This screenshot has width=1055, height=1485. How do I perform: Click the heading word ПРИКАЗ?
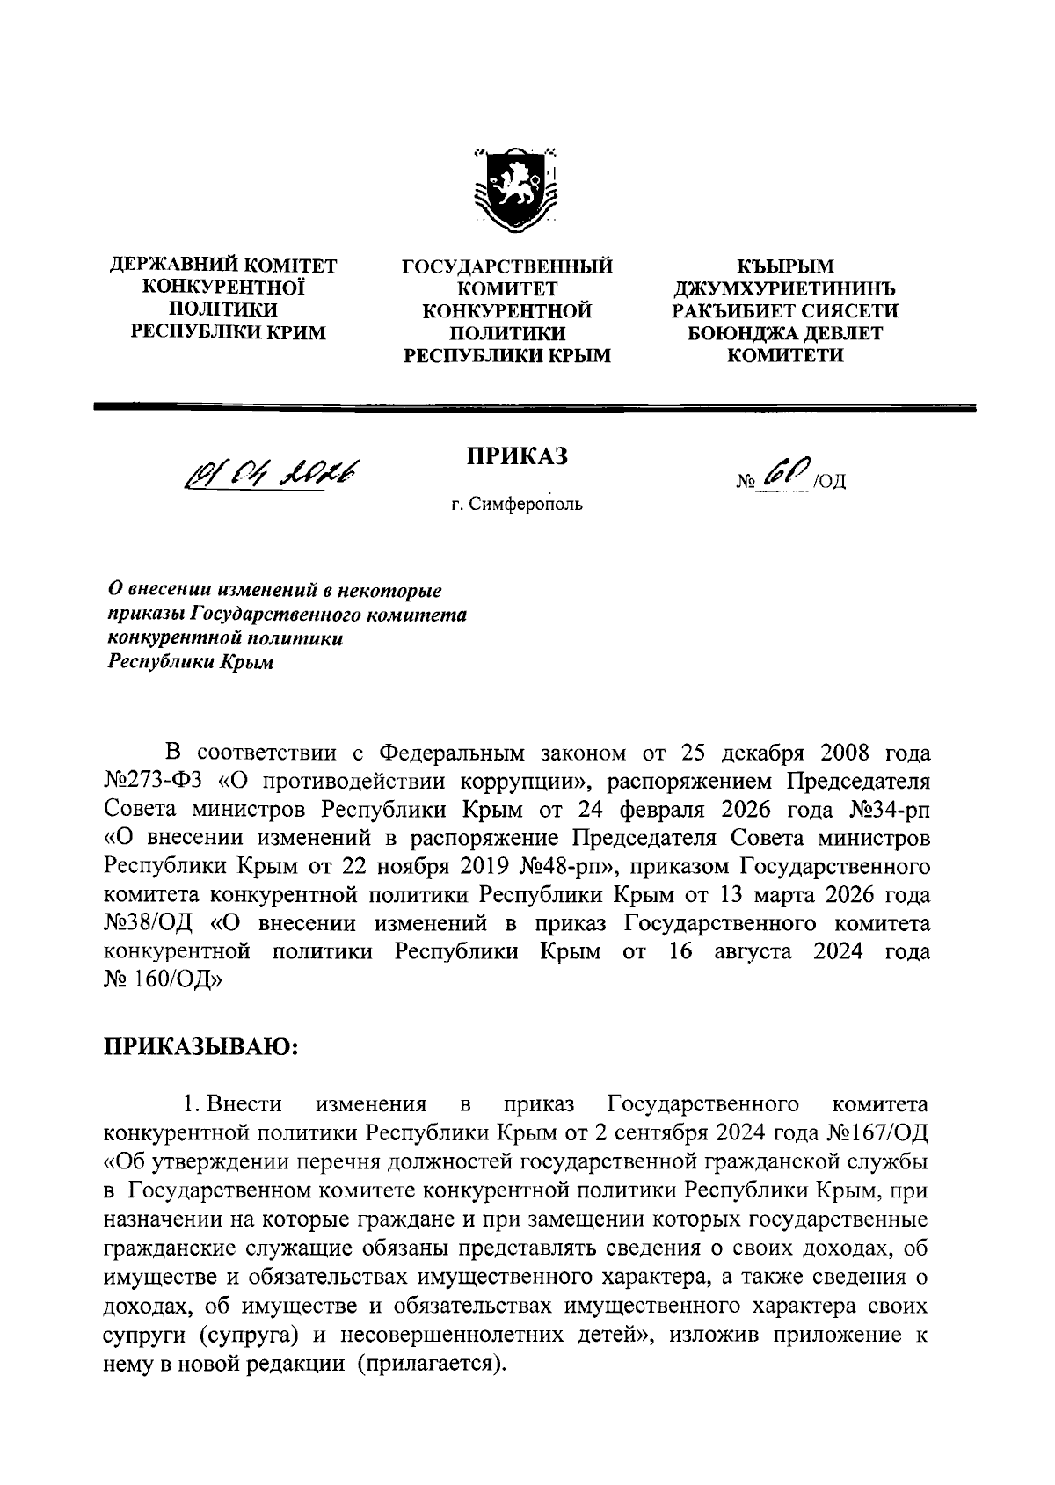tap(516, 456)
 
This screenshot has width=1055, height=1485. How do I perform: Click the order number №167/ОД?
tap(878, 1129)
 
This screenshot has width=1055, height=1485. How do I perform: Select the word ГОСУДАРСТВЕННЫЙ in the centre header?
tap(506, 265)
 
